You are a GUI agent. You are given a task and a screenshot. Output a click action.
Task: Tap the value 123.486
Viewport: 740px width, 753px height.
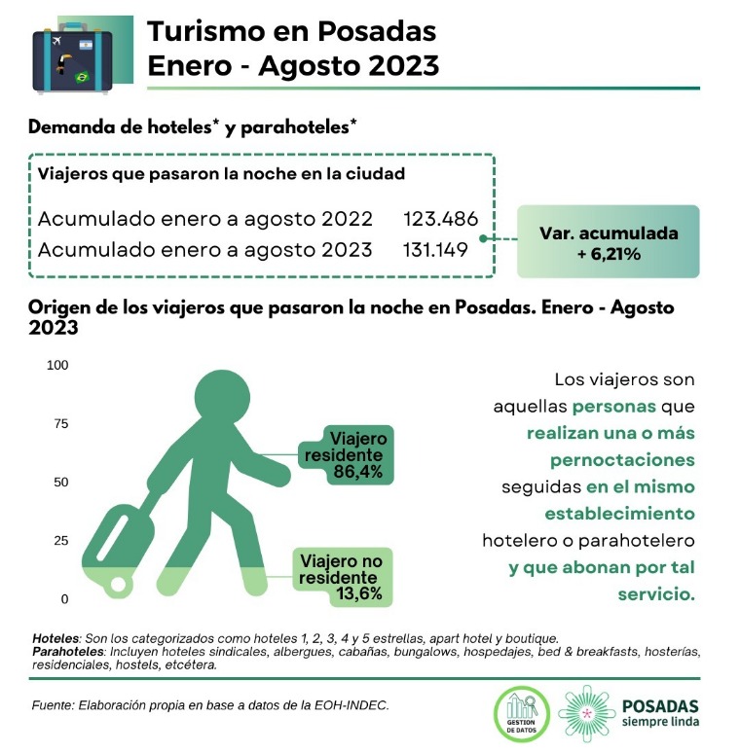pos(435,218)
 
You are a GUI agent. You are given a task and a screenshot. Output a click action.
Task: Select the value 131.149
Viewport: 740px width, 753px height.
pos(435,250)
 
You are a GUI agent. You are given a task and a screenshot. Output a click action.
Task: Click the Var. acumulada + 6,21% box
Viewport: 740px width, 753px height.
pos(608,242)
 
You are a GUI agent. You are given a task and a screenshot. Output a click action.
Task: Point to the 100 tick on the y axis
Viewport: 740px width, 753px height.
pos(57,365)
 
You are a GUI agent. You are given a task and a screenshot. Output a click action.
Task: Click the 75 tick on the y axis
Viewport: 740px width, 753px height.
pos(60,423)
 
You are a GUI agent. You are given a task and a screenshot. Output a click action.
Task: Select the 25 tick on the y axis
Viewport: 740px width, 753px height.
pos(60,540)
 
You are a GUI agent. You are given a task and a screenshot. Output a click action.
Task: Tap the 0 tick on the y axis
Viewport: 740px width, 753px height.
pos(64,598)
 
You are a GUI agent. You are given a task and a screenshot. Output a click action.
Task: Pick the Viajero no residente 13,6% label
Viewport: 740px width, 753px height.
pos(341,576)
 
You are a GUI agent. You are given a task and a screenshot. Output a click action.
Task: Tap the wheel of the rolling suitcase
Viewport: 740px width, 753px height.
pos(119,584)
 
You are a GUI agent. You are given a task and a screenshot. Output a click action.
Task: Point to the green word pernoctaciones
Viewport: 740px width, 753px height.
pos(622,459)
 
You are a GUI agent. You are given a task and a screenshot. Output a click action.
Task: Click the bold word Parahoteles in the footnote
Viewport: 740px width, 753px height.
pos(68,650)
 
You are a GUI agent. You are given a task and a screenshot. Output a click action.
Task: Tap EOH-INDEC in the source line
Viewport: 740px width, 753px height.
pos(355,704)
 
